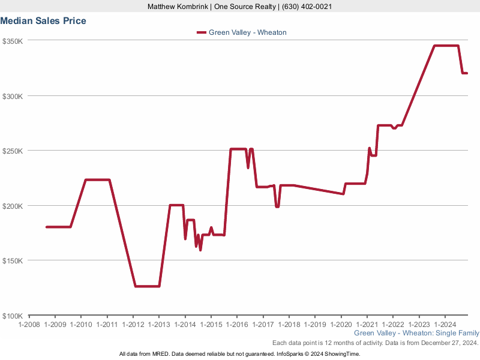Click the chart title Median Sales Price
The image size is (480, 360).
coord(43,21)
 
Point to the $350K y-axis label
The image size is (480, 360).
coord(13,41)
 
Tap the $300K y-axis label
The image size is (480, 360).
coord(13,96)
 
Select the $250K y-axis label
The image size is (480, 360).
coord(13,151)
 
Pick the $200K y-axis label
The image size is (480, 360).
coord(13,206)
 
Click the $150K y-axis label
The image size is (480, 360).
coord(13,261)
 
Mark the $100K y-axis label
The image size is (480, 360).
coord(13,316)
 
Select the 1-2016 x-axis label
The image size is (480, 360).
coord(236,325)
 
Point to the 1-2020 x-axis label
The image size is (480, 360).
coord(341,325)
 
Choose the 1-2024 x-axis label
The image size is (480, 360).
coord(445,325)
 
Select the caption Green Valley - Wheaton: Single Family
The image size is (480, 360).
coord(416,333)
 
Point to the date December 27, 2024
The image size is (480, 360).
coord(447,343)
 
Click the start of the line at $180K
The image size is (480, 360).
coord(47,227)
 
